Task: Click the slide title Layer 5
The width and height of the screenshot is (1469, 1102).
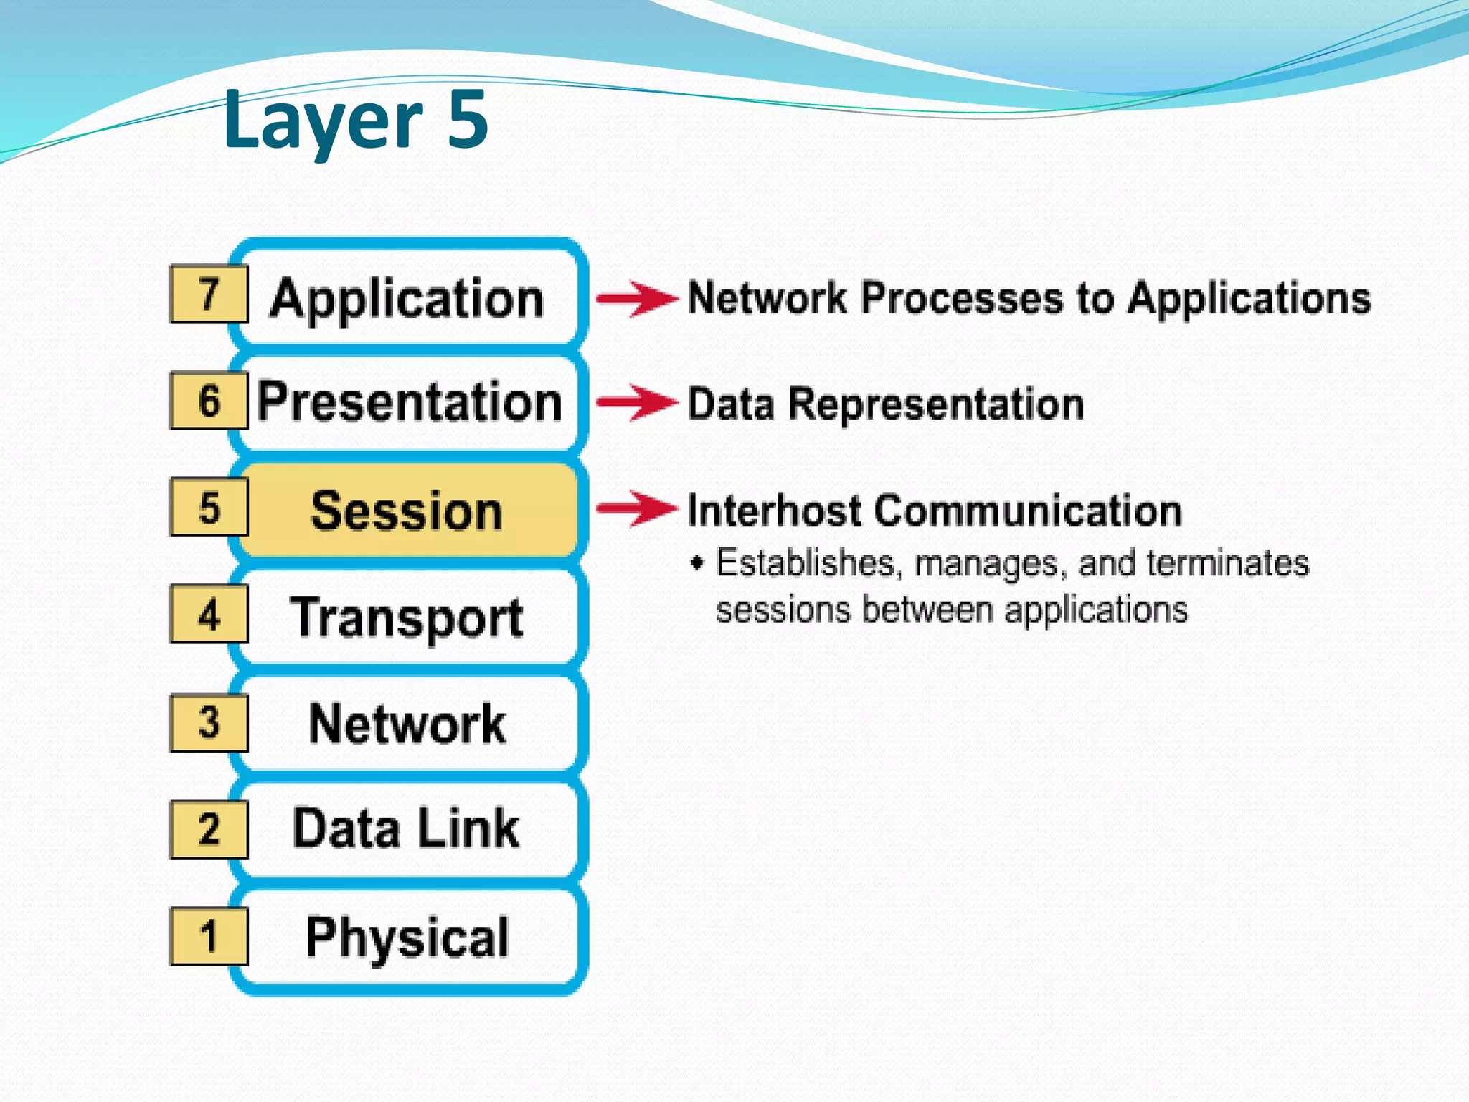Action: tap(356, 119)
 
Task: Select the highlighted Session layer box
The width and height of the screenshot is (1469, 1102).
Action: tap(407, 511)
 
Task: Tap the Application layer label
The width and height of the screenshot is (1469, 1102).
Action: tap(407, 298)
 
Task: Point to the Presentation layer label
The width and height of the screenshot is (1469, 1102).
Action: tap(410, 402)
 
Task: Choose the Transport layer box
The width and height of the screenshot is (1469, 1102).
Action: tap(407, 617)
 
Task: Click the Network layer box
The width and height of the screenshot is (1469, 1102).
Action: tap(407, 723)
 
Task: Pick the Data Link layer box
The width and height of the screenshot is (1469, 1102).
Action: tap(407, 829)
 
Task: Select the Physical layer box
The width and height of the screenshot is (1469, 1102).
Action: tap(407, 936)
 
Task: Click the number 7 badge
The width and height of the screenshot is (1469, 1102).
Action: tap(209, 293)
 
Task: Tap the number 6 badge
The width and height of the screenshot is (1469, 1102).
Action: tap(209, 400)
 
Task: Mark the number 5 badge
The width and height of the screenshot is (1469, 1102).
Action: tap(209, 507)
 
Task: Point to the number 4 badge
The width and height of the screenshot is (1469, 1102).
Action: tap(209, 614)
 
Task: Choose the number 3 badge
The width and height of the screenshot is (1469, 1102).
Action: tap(209, 722)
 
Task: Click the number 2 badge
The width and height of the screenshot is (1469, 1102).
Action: tap(209, 829)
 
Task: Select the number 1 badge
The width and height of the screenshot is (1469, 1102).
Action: tap(209, 936)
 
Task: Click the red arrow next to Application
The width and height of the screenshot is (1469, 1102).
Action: tap(637, 298)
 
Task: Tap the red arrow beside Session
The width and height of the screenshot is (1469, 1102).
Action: tap(637, 509)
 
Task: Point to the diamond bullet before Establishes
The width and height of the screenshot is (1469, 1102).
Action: tap(696, 562)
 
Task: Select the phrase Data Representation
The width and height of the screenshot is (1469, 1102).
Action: tap(885, 404)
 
